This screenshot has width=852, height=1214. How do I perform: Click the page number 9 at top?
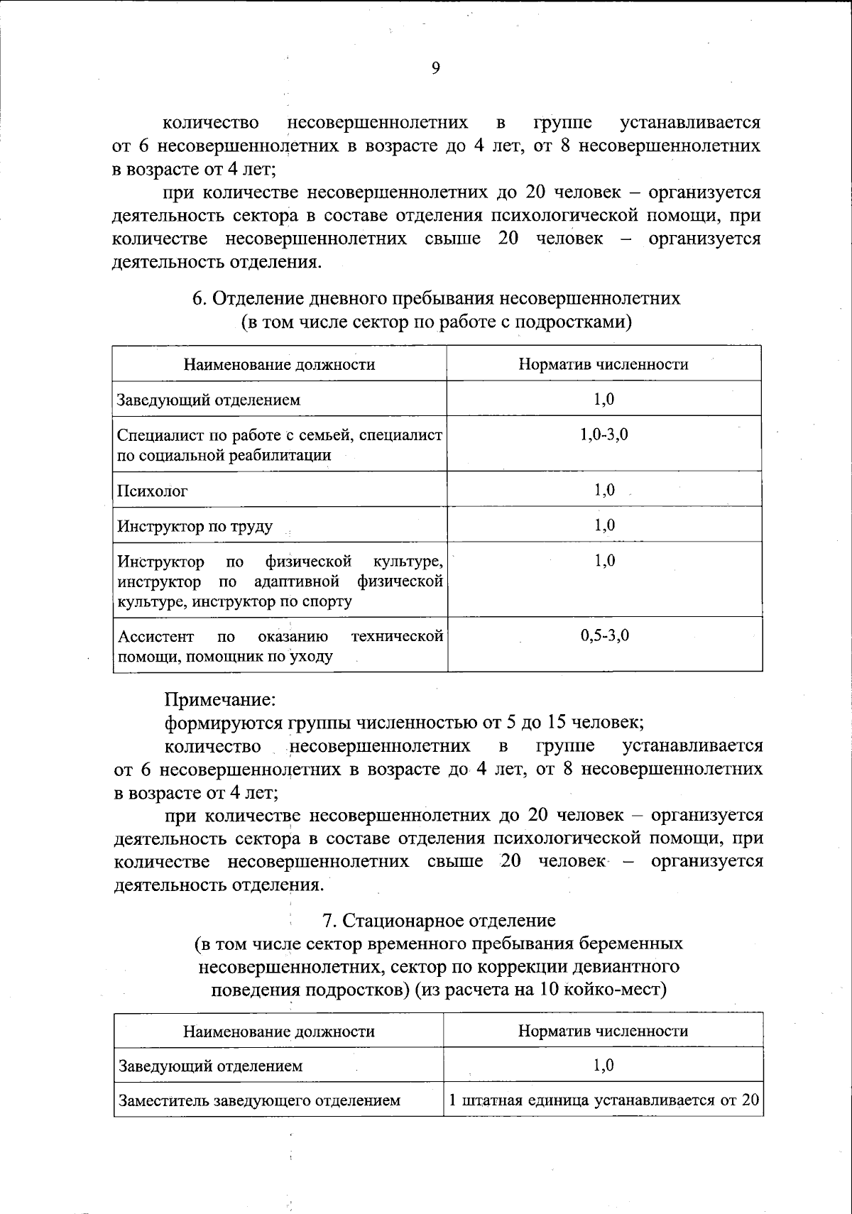[x=435, y=68]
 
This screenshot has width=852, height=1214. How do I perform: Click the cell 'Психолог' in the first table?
[x=153, y=491]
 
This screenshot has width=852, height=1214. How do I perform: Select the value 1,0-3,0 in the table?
[x=603, y=434]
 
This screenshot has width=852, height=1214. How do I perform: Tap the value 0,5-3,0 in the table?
[x=604, y=635]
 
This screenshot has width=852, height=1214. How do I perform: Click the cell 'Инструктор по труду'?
[x=195, y=526]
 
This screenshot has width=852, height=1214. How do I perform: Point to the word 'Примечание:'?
[x=219, y=699]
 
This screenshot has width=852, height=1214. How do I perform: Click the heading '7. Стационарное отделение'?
[x=439, y=920]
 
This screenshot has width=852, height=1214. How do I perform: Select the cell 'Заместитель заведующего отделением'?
[x=260, y=1100]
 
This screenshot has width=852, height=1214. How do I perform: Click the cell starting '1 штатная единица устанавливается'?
[x=603, y=1100]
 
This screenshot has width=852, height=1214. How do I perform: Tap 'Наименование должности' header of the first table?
[x=279, y=365]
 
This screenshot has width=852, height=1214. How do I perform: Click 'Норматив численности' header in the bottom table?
[x=603, y=1031]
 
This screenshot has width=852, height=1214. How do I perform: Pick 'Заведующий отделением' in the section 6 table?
[x=209, y=400]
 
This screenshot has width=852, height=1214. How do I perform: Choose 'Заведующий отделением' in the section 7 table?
[x=211, y=1066]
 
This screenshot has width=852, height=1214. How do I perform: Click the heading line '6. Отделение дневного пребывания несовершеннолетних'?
[x=436, y=298]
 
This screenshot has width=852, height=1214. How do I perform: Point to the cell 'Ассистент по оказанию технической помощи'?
[x=280, y=645]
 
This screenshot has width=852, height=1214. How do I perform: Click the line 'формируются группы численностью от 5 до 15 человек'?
[x=404, y=723]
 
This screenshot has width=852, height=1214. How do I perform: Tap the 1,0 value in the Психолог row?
[x=604, y=490]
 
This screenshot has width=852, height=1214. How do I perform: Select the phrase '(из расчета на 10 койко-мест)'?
[x=541, y=990]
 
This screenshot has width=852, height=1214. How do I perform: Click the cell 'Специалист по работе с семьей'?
[x=280, y=444]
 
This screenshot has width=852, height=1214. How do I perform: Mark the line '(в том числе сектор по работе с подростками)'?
[x=436, y=322]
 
